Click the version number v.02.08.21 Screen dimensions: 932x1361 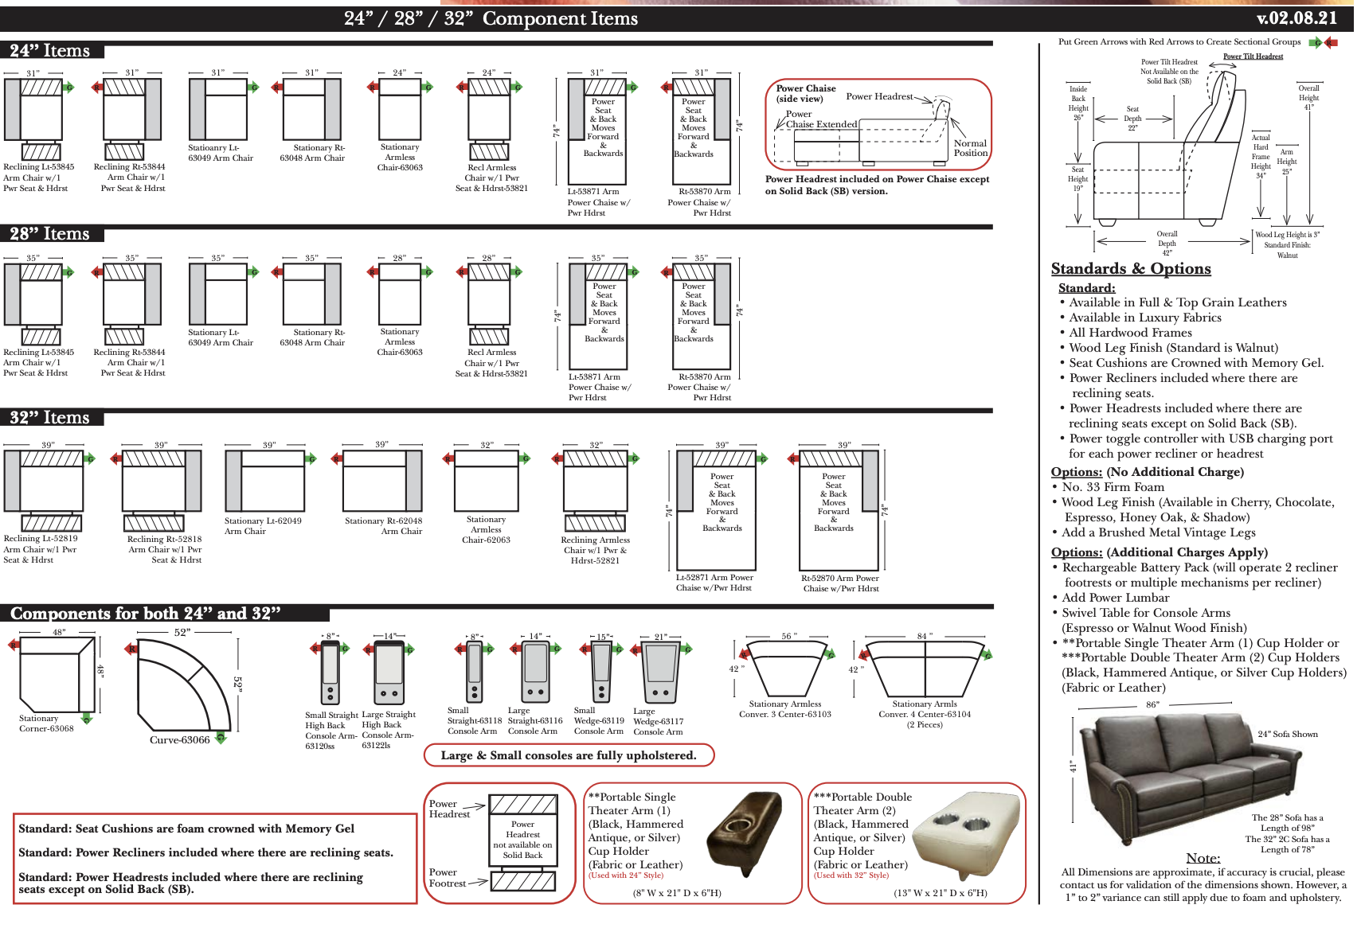[x=1296, y=18]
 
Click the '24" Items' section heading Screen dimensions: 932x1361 [x=49, y=51]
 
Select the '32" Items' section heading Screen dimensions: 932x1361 [x=49, y=418]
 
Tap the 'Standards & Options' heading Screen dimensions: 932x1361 [x=1130, y=269]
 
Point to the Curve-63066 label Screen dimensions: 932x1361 [x=179, y=740]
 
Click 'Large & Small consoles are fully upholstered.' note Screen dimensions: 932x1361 [x=568, y=755]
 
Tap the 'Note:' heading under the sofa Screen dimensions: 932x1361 [x=1203, y=858]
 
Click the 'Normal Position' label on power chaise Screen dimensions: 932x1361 [x=970, y=148]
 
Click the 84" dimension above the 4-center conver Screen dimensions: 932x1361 [x=924, y=637]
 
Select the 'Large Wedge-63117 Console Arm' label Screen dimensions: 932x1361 [x=658, y=722]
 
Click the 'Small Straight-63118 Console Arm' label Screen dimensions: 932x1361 [x=474, y=721]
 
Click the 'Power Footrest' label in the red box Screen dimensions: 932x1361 [x=448, y=878]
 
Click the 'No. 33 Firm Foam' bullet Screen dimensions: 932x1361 [x=1113, y=487]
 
